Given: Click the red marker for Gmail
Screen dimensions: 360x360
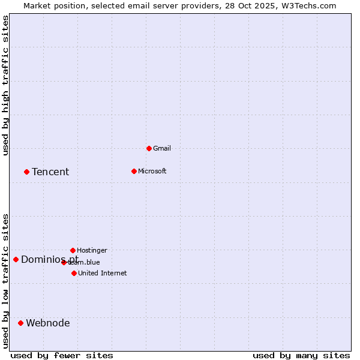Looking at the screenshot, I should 149,148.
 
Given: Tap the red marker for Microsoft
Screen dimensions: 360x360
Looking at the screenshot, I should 134,171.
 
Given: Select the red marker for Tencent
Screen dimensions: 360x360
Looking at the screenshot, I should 26,172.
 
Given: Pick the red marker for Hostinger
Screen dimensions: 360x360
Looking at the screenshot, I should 73,250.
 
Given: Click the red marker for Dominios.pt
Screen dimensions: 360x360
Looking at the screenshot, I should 16,259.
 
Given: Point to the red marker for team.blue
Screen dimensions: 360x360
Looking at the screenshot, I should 64,262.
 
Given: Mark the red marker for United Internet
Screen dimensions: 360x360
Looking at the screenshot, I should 74,273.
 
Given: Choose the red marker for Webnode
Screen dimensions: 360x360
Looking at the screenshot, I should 20,323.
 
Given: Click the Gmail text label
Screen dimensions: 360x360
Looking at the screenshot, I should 162,148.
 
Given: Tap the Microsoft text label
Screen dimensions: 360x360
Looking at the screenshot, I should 152,171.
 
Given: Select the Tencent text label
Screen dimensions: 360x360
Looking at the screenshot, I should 50,172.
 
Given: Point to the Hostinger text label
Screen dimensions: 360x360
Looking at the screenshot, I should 92,250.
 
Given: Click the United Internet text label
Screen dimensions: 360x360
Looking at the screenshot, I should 103,273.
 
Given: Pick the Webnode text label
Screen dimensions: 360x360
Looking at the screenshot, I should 48,323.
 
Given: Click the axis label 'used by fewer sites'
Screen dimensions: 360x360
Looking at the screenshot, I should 62,355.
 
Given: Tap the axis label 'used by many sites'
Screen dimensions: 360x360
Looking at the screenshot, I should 301,355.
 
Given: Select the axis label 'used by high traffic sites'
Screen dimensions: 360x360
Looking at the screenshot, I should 5,86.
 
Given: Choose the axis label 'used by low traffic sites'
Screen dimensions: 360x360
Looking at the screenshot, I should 5,281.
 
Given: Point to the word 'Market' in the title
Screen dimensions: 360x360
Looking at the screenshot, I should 38,5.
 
